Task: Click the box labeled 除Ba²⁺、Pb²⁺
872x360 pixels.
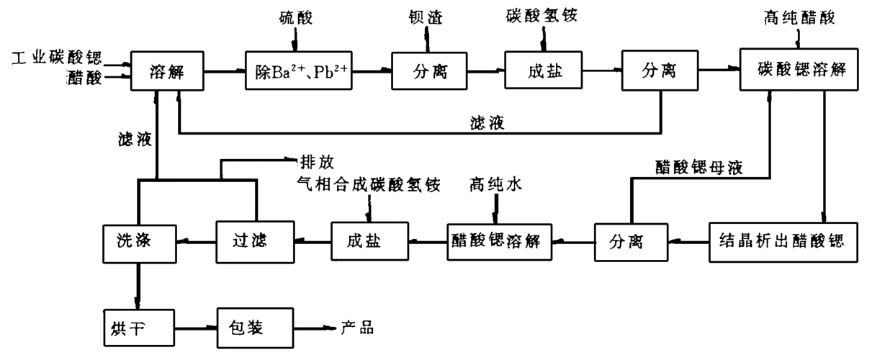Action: (300, 71)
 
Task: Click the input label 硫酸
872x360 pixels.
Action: (297, 16)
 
